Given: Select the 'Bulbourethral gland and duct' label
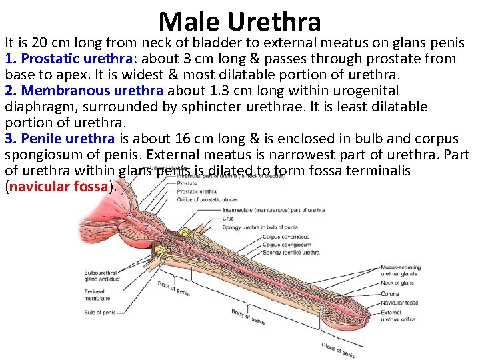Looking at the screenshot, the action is pyautogui.click(x=101, y=276).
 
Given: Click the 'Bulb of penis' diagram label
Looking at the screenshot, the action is pyautogui.click(x=100, y=312).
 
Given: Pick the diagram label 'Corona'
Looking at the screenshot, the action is pyautogui.click(x=390, y=293).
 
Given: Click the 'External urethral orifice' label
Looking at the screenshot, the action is pyautogui.click(x=397, y=315).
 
